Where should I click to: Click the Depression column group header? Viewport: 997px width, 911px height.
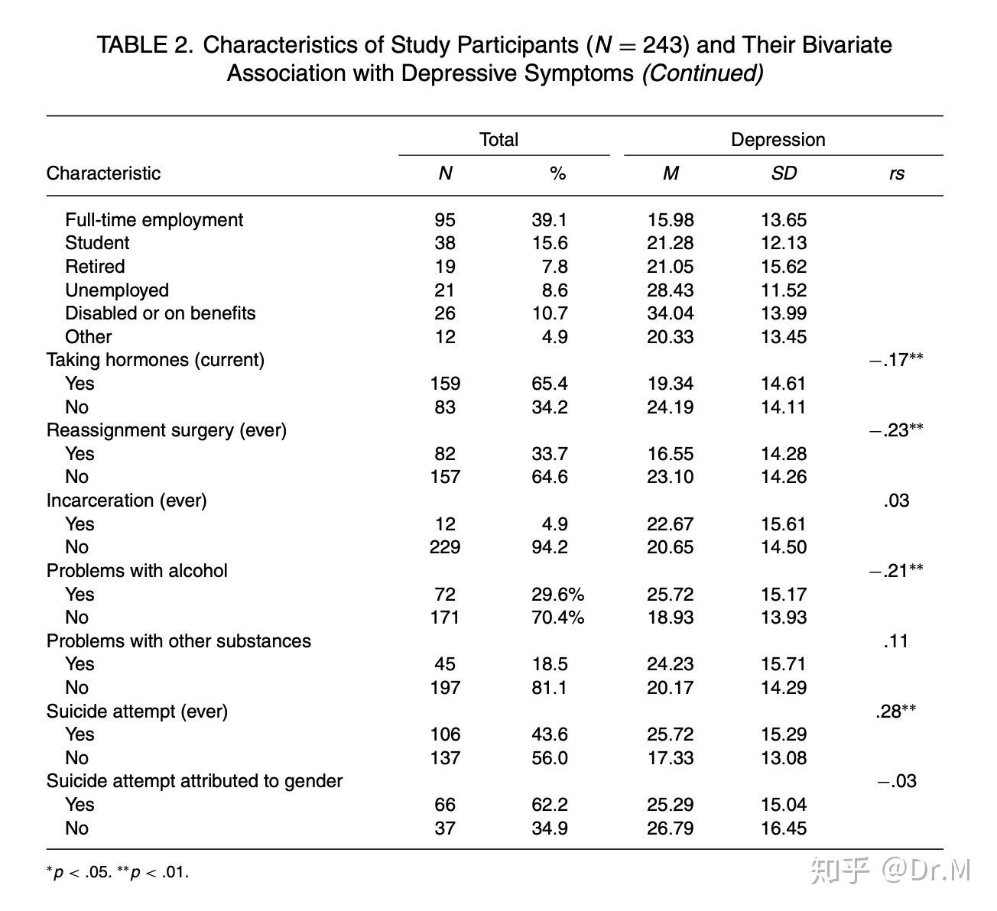tap(778, 140)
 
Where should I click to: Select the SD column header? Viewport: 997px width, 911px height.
tap(784, 173)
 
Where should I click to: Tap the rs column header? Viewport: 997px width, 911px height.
tap(896, 173)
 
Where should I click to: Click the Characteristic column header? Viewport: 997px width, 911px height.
tap(103, 173)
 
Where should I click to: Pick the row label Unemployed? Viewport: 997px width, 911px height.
tap(116, 290)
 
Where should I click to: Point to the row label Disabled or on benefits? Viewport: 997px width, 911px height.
tap(160, 313)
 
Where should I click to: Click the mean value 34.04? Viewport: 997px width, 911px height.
tap(670, 313)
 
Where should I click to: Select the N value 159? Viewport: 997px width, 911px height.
tap(445, 384)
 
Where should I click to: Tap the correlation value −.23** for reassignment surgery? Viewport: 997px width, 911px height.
tap(895, 430)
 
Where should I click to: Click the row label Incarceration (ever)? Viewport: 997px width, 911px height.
tap(126, 501)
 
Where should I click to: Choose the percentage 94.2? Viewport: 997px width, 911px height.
tap(549, 547)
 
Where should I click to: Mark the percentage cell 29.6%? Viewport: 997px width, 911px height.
tap(557, 595)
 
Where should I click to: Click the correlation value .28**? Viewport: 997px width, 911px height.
tap(895, 712)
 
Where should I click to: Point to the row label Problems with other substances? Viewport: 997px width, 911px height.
tap(178, 641)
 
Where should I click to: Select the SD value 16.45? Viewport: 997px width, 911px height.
tap(783, 828)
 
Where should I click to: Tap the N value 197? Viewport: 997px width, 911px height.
tap(445, 688)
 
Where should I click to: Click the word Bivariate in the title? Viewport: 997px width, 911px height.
tap(846, 45)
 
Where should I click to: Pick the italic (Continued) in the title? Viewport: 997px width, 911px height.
tap(702, 74)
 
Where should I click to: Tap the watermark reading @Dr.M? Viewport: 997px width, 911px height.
tap(925, 870)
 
